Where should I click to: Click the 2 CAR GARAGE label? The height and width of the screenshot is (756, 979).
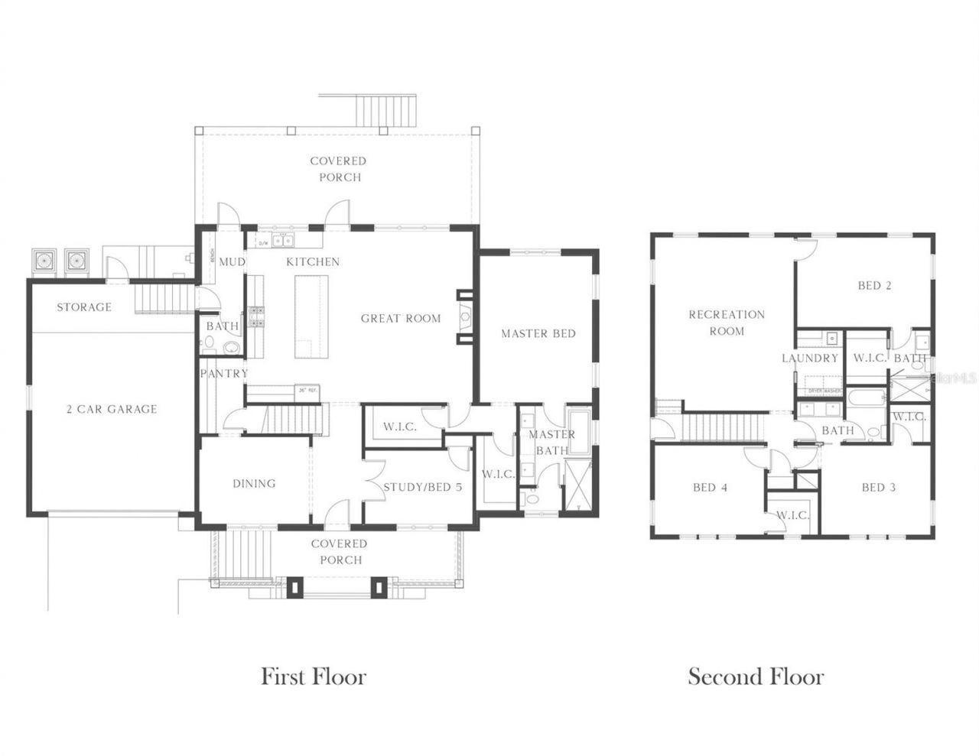[x=111, y=409]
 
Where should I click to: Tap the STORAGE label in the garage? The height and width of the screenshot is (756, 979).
[x=84, y=307]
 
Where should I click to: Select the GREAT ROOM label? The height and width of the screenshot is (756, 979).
[x=401, y=318]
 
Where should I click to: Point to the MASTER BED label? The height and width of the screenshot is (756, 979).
[x=538, y=333]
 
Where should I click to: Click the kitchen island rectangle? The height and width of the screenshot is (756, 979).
[x=311, y=316]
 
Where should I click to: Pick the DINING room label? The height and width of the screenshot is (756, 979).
[x=254, y=483]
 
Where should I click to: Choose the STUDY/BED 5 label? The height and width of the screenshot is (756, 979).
[x=422, y=487]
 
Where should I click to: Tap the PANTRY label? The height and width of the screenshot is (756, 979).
[x=224, y=374]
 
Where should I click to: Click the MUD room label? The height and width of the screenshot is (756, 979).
[x=232, y=262]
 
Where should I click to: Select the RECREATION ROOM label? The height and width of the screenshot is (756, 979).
[x=726, y=323]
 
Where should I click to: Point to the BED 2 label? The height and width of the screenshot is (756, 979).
[x=874, y=286]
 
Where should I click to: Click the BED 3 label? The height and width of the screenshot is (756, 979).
[x=878, y=488]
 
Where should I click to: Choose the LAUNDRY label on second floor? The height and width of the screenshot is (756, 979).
[x=810, y=358]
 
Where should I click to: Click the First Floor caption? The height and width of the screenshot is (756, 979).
[x=314, y=677]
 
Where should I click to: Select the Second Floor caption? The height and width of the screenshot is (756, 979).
[x=756, y=677]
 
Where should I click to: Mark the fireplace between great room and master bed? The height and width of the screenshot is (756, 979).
[x=464, y=316]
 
